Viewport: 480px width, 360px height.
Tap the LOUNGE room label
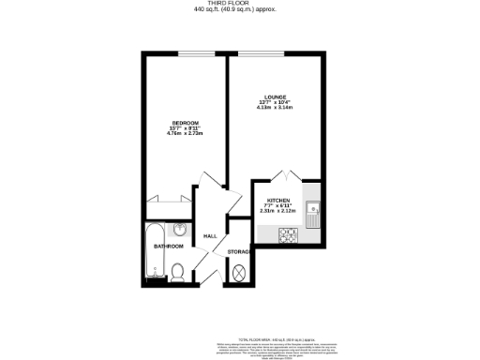pos(274,97)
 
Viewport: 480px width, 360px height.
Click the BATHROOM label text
pos(169,247)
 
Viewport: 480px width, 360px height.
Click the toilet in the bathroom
pos(178,272)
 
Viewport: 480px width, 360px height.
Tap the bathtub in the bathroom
pos(153,251)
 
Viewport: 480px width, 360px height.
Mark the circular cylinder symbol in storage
pos(239,273)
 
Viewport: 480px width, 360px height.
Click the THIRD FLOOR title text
pos(239,4)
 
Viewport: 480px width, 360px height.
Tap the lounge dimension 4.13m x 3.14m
pos(274,108)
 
